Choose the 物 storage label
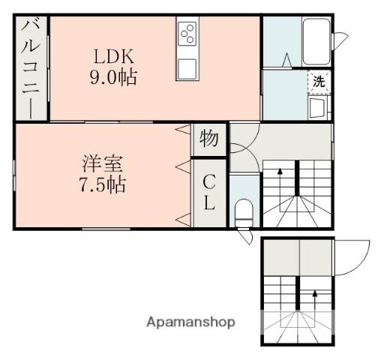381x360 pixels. point(209,139)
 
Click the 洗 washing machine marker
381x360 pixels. point(319,82)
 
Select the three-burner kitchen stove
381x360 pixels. point(187,34)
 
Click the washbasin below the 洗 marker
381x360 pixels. point(317,109)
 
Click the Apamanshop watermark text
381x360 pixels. point(191,322)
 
